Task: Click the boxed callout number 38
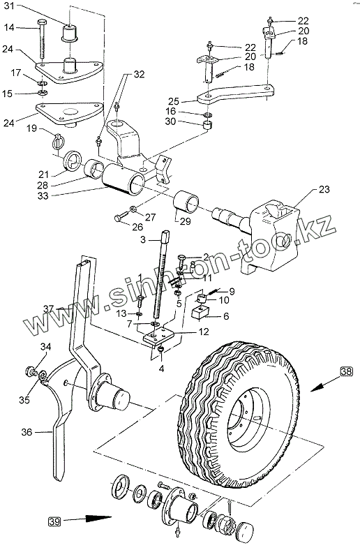click(346, 371)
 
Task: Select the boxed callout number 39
click(54, 521)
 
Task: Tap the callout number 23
click(324, 189)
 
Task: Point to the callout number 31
click(9, 6)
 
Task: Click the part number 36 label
click(27, 432)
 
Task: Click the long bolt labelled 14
click(42, 39)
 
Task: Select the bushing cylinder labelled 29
click(187, 201)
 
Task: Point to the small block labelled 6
click(200, 312)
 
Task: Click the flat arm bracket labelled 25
click(236, 93)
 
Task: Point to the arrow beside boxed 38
click(322, 385)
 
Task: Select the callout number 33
click(43, 195)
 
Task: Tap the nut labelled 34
click(31, 371)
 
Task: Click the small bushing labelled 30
click(208, 124)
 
